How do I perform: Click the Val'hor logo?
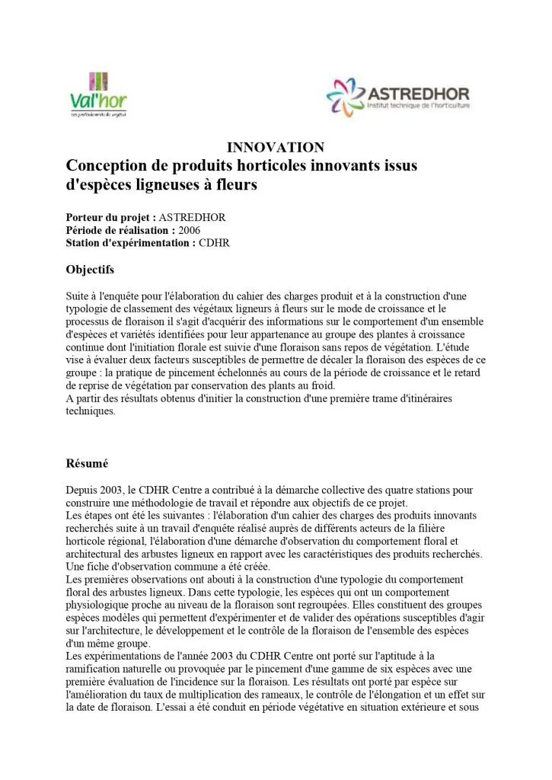[98, 94]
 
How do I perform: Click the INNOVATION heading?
[276, 148]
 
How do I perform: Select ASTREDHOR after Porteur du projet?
[192, 217]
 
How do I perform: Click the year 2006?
[190, 230]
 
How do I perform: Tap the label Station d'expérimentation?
[131, 243]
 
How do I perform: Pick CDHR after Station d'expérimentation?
[214, 243]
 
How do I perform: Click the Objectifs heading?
[90, 269]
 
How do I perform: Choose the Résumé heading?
[88, 462]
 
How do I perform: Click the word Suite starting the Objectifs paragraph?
[79, 295]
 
